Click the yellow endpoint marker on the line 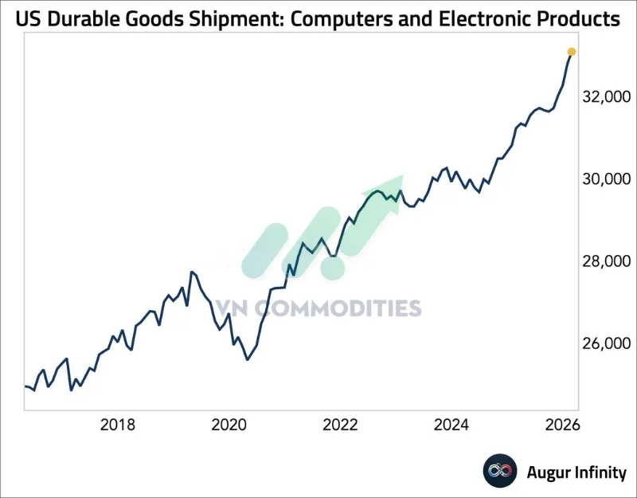pos(571,52)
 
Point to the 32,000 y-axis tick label pos(607,97)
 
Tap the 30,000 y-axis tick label pos(607,179)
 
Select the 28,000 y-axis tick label pos(607,261)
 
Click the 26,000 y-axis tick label pos(607,343)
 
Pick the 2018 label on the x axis pos(117,425)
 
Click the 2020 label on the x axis pos(229,425)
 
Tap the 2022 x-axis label pos(340,425)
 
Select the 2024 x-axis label pos(451,425)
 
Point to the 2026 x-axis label pos(563,425)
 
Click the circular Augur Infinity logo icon pos(501,472)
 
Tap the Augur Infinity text pos(576,473)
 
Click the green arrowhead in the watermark pos(388,188)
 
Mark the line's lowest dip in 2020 pos(248,359)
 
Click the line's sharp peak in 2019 pos(191,273)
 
